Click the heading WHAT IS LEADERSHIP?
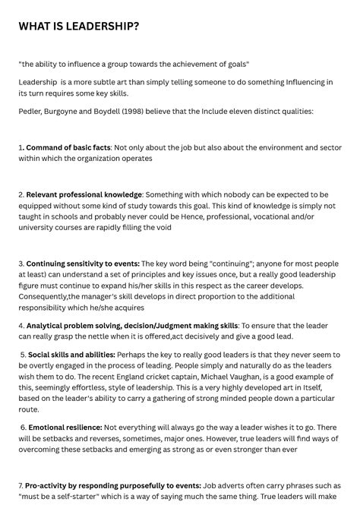[79, 27]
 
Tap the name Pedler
[31, 111]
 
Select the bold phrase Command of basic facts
[68, 147]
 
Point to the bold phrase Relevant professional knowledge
[84, 194]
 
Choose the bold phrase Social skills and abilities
[72, 355]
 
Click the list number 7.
[21, 485]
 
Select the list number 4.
[21, 326]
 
